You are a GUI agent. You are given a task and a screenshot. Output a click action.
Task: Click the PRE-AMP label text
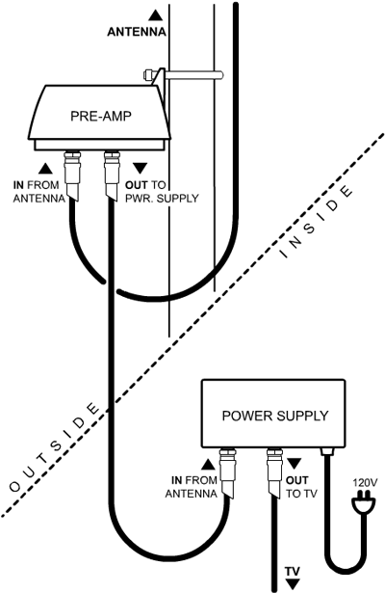[101, 116]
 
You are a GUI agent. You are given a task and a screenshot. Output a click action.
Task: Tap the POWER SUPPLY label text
[275, 416]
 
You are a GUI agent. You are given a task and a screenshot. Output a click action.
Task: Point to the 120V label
[365, 483]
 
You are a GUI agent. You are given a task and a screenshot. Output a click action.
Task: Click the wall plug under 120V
[364, 503]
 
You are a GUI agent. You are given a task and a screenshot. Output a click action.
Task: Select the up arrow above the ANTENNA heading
[155, 15]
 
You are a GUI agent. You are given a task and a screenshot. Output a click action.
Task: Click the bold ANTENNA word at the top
[137, 32]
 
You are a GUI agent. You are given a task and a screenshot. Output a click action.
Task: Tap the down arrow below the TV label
[293, 584]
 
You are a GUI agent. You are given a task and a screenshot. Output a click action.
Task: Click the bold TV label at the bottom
[293, 571]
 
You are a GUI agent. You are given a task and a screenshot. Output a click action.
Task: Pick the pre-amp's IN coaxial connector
[72, 175]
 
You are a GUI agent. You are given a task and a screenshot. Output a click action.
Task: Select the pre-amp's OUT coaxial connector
[112, 175]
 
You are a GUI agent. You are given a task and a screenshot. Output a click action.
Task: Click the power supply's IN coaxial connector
[227, 473]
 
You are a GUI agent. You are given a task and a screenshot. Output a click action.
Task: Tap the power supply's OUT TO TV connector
[274, 473]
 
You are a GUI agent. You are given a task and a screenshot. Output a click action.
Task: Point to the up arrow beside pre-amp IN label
[45, 169]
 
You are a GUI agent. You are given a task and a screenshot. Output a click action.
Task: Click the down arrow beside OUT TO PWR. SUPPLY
[141, 169]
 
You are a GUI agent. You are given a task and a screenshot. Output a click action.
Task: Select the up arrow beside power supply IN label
[208, 465]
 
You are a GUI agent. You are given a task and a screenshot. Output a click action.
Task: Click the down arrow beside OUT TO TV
[294, 464]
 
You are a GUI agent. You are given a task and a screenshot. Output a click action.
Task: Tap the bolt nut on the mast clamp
[148, 74]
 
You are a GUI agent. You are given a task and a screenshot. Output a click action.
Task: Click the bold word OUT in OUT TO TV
[296, 481]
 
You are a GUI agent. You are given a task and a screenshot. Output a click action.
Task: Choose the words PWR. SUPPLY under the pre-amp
[162, 199]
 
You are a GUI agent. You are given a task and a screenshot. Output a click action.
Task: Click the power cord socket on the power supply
[327, 451]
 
